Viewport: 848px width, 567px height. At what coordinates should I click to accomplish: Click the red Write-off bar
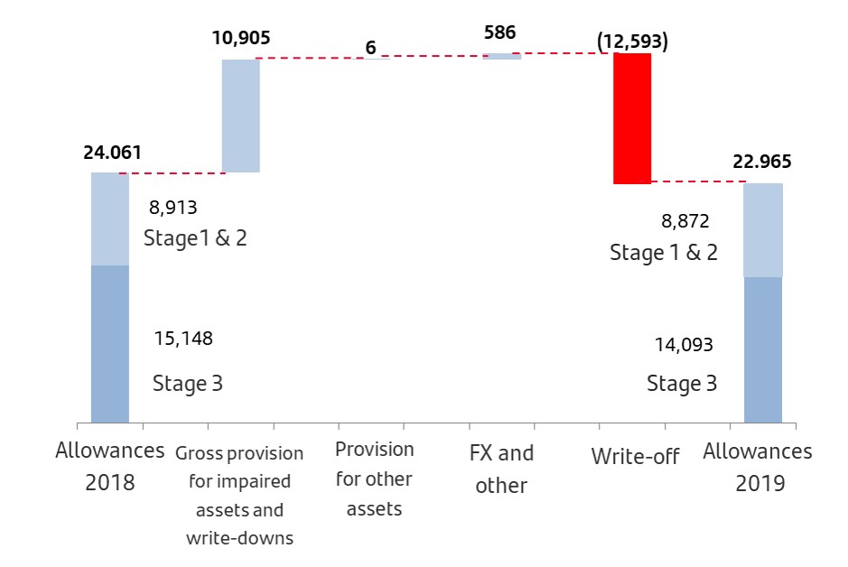point(632,118)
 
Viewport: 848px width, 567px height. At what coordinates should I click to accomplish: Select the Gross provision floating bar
point(241,116)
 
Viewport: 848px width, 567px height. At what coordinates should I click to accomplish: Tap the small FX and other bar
point(502,56)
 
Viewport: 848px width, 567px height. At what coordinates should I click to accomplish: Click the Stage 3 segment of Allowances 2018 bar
point(110,343)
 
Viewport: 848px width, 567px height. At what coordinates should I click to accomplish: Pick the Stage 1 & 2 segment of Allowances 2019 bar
point(763,230)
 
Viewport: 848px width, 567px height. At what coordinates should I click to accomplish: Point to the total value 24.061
point(112,153)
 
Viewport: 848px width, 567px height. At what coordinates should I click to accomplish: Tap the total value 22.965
point(762,163)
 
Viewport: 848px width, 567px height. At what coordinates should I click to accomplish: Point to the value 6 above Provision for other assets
point(370,48)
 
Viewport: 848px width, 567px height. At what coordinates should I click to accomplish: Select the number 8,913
point(172,207)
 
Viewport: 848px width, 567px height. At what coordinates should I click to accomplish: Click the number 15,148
point(184,339)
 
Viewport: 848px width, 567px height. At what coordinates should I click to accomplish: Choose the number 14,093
point(684,344)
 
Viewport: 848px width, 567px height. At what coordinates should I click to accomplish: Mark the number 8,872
point(685,220)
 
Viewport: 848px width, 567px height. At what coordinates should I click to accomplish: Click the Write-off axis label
point(635,456)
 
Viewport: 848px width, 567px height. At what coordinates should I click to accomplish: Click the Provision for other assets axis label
point(374,479)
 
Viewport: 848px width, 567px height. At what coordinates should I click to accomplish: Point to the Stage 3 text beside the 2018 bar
point(187,383)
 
